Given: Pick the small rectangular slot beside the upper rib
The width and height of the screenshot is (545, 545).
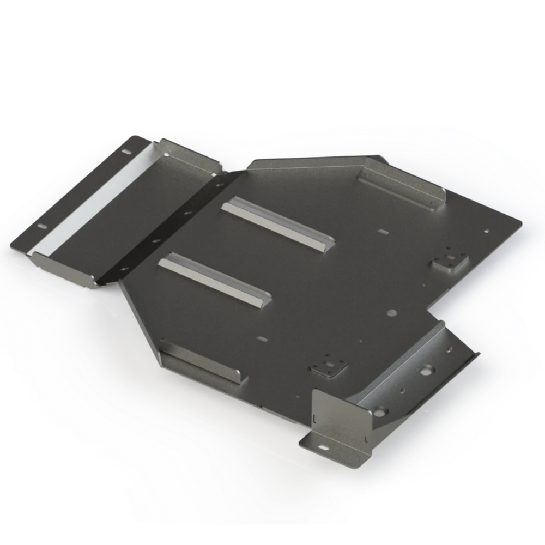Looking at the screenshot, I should [x=383, y=232].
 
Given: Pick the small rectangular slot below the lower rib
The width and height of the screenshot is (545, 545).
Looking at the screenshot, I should [x=265, y=338].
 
